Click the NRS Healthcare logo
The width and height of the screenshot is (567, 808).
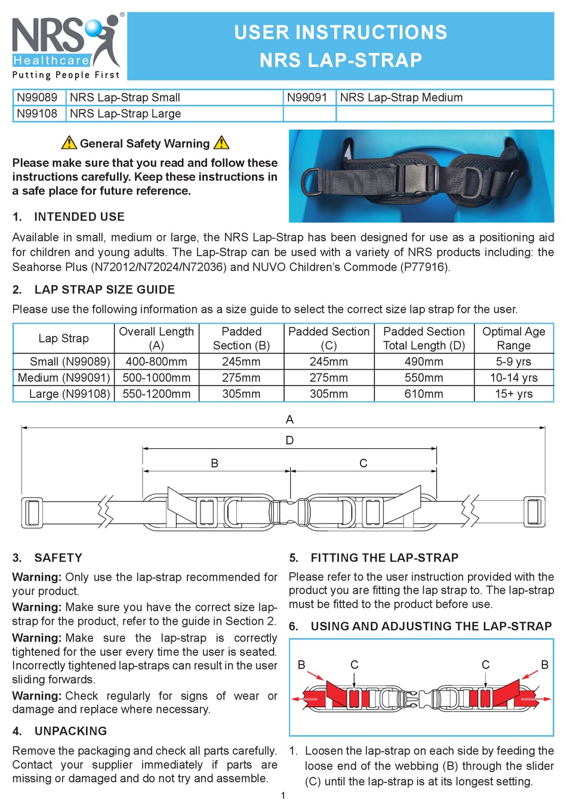pyautogui.click(x=66, y=47)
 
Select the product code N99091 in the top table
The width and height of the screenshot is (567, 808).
pyautogui.click(x=307, y=97)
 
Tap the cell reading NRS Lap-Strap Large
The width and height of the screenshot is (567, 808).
pyautogui.click(x=125, y=113)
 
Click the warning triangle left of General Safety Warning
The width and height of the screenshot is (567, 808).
pyautogui.click(x=69, y=143)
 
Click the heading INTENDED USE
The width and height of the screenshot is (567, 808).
pyautogui.click(x=79, y=216)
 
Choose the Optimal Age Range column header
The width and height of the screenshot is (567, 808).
pyautogui.click(x=513, y=338)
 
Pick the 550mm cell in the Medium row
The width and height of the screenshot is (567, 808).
pyautogui.click(x=424, y=377)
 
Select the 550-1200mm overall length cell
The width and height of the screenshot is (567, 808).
pyautogui.click(x=156, y=394)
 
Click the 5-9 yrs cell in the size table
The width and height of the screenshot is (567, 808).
pyautogui.click(x=513, y=361)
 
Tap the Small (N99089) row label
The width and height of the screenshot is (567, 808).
pyautogui.click(x=69, y=361)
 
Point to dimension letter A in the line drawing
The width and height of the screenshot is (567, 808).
pyautogui.click(x=289, y=419)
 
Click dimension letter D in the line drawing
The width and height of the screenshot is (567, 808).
pyautogui.click(x=289, y=440)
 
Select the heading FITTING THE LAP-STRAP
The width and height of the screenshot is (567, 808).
pyautogui.click(x=384, y=558)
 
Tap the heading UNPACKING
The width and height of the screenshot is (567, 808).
pyautogui.click(x=70, y=731)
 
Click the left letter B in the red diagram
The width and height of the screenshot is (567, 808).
pyautogui.click(x=301, y=664)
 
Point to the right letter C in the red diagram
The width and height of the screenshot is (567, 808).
pyautogui.click(x=485, y=664)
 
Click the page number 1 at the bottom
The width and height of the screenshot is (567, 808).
pyautogui.click(x=283, y=795)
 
